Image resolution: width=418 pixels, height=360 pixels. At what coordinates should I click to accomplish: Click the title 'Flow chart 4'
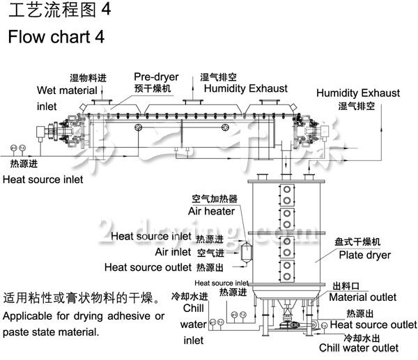pos(56,37)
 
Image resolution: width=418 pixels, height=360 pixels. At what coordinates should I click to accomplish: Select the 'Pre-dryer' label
pos(156,77)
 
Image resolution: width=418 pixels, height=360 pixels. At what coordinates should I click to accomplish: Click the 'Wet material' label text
pos(68,91)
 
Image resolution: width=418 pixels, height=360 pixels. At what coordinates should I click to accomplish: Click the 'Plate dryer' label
pos(364,255)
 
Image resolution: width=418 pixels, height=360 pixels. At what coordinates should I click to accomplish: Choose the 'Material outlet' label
pos(362,298)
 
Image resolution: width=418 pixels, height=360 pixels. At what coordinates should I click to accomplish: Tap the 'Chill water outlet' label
pos(359,347)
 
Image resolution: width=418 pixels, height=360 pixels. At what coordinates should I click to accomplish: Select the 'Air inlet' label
pos(173,251)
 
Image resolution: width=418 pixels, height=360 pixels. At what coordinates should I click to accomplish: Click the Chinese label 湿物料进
pos(88,79)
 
